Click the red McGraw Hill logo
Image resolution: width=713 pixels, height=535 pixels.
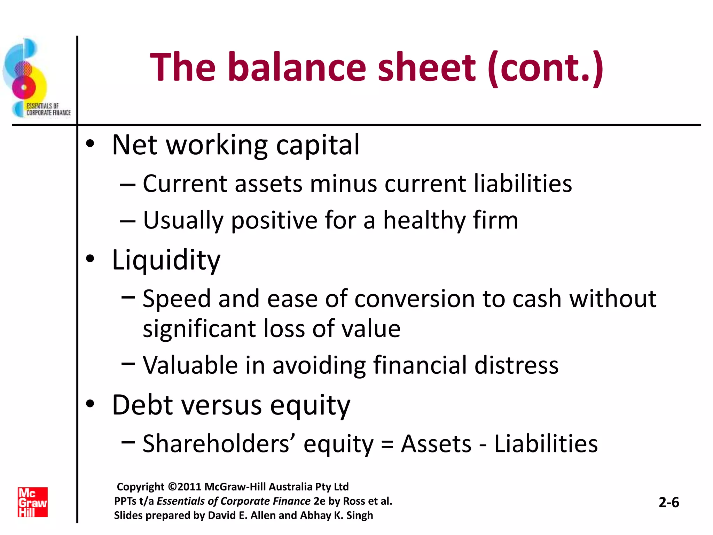pyautogui.click(x=32, y=502)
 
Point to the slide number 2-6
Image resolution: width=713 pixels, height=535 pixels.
pyautogui.click(x=669, y=502)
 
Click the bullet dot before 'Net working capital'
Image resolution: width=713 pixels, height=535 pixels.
pyautogui.click(x=90, y=144)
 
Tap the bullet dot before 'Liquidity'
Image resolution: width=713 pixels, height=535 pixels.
pyautogui.click(x=90, y=259)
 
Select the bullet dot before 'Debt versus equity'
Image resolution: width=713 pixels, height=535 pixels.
pyautogui.click(x=90, y=404)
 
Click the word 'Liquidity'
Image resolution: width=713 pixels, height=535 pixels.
pyautogui.click(x=166, y=260)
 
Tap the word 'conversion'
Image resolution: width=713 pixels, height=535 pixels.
pyautogui.click(x=414, y=299)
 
